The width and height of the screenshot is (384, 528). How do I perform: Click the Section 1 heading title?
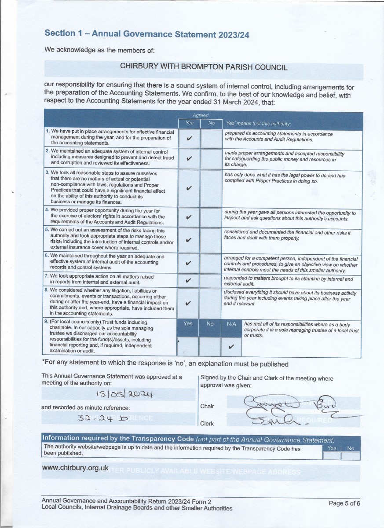coord(147,34)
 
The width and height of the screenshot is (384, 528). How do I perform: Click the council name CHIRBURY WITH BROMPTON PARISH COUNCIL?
coord(204,67)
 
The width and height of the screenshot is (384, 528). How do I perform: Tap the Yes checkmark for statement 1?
coord(189,139)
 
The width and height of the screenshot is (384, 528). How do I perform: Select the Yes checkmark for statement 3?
coord(189,188)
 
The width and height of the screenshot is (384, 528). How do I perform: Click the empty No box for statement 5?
coord(211,240)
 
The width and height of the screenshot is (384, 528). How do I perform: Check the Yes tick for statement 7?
coord(189,281)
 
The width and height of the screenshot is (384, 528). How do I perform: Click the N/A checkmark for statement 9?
coord(231,347)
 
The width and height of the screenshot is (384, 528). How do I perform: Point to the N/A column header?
coord(231,324)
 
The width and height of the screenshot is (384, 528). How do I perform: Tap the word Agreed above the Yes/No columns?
coord(201,115)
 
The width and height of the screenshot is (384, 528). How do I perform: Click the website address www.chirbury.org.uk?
coord(75,468)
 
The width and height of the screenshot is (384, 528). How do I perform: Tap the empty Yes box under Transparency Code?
coord(332,455)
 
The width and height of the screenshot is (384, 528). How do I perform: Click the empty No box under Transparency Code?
coord(351,455)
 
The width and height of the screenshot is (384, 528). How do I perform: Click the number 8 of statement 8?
coord(47,290)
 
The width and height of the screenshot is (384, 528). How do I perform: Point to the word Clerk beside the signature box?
coord(207,424)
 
